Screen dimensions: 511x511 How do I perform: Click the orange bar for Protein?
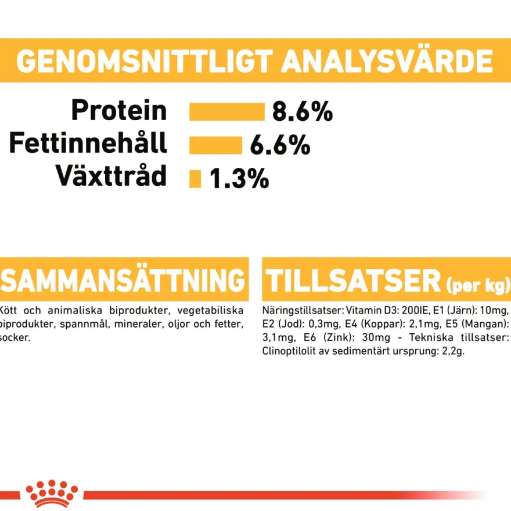tap(227, 111)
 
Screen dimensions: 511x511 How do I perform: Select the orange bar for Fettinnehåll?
tap(216, 145)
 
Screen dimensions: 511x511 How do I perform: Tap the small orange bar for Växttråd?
tap(195, 179)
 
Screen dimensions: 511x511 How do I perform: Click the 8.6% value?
tap(303, 111)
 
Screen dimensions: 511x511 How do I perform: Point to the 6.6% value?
tap(280, 145)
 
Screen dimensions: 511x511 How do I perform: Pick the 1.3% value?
tap(239, 179)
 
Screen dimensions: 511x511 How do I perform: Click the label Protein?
tap(119, 110)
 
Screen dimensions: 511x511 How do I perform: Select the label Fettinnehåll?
tap(88, 142)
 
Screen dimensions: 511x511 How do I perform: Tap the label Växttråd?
tap(111, 175)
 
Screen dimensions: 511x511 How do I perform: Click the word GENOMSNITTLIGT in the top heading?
tap(145, 61)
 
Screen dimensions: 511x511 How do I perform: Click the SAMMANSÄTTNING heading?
tap(123, 280)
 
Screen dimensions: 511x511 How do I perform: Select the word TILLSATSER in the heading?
tap(353, 281)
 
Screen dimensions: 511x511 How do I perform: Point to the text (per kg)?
tap(477, 286)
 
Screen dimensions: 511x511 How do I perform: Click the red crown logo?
tap(52, 494)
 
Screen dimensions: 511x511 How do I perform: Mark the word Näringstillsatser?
tap(303, 310)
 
